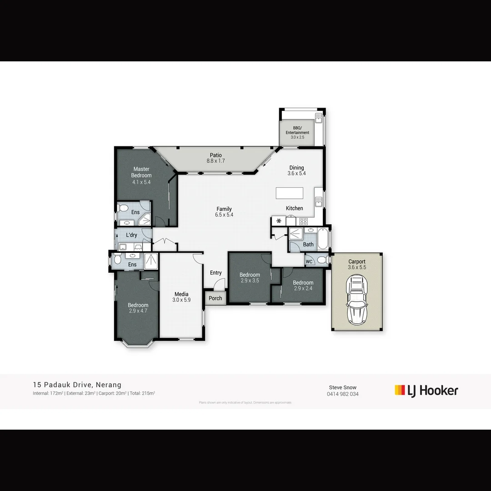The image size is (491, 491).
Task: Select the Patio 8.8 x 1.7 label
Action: click(216, 158)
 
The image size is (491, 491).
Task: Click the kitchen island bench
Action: click(290, 193)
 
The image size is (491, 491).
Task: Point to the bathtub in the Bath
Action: click(322, 240)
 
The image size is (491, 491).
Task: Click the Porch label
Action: click(215, 298)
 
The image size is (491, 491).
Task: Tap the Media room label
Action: click(181, 297)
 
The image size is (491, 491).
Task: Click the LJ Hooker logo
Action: click(426, 391)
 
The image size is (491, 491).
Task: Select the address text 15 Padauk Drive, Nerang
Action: click(77, 385)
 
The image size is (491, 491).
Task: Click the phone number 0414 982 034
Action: click(343, 394)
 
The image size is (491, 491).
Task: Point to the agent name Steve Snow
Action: click(343, 388)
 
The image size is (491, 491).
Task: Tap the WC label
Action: click(309, 261)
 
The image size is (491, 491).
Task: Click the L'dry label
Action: click(131, 235)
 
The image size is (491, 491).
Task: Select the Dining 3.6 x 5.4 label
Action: click(296, 170)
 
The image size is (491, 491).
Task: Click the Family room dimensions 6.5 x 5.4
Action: click(224, 215)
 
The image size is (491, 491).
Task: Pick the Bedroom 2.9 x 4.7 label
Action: click(138, 308)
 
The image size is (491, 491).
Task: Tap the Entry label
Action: click(216, 273)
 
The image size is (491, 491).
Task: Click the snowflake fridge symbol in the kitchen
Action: click(279, 221)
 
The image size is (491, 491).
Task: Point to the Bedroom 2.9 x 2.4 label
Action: click(303, 286)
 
